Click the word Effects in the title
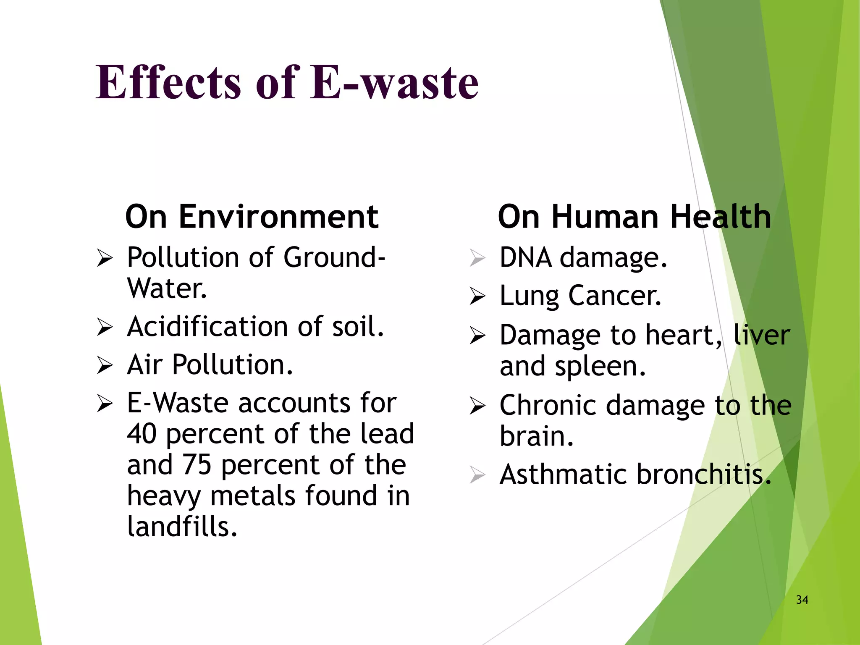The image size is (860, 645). click(x=168, y=82)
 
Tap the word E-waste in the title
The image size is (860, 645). click(x=394, y=82)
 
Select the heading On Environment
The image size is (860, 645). click(x=252, y=217)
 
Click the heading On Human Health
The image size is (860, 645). click(x=634, y=217)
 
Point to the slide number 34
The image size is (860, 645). click(x=802, y=600)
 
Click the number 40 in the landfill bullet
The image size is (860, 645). click(x=142, y=434)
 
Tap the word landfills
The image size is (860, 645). click(x=182, y=527)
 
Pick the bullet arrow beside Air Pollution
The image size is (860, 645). click(x=105, y=365)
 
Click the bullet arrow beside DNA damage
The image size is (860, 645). click(x=477, y=258)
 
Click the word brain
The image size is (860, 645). click(x=536, y=436)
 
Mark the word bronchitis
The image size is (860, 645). click(x=704, y=475)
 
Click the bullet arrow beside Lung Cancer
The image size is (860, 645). click(x=477, y=296)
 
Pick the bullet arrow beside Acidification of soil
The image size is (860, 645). click(x=105, y=327)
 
